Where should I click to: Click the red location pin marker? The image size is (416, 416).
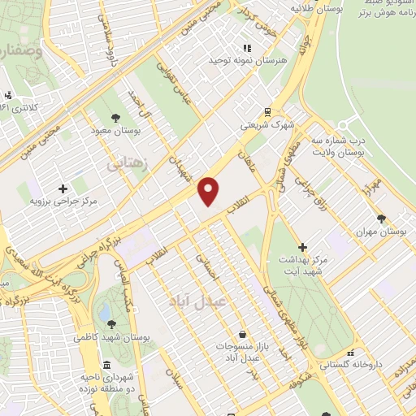[x=209, y=190]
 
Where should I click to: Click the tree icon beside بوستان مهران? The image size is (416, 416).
[x=382, y=217]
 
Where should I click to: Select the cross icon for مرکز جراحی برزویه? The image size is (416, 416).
[x=63, y=188]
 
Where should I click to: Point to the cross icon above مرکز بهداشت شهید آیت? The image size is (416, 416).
[x=303, y=246]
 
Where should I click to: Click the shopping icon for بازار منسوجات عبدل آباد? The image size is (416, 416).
[x=242, y=334]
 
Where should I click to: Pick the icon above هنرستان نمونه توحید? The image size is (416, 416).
[x=247, y=49]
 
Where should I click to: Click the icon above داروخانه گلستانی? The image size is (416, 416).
[x=350, y=353]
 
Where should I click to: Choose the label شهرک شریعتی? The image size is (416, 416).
[x=271, y=126]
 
